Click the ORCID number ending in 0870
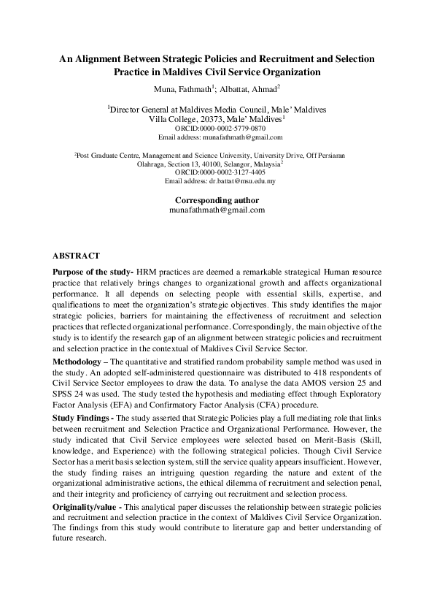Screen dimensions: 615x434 [x=235, y=128]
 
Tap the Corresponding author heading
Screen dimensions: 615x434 [x=217, y=200]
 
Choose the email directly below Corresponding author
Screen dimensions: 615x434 [x=217, y=210]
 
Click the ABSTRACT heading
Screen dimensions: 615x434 [x=76, y=256]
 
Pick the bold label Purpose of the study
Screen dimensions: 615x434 [x=93, y=271]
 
